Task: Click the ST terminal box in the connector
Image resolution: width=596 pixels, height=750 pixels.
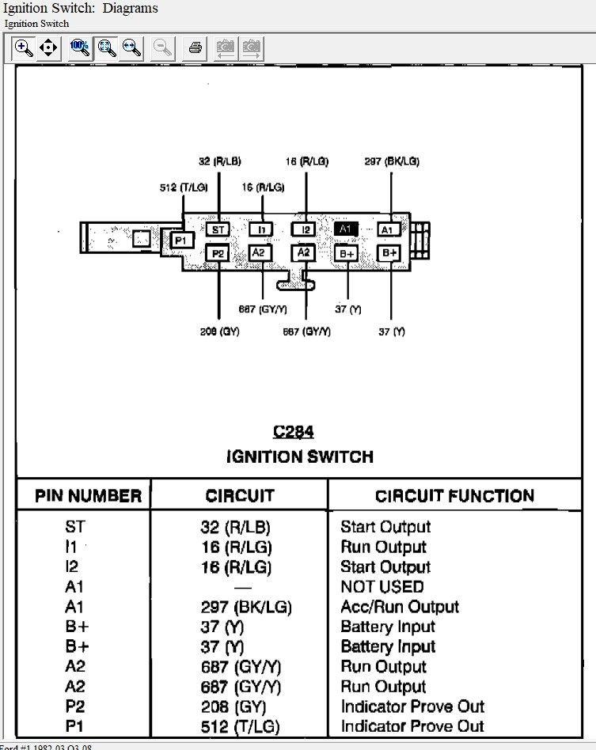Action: pyautogui.click(x=218, y=229)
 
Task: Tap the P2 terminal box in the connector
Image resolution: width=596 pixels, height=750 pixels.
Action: pyautogui.click(x=218, y=253)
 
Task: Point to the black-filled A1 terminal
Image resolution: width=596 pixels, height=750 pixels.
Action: pyautogui.click(x=346, y=229)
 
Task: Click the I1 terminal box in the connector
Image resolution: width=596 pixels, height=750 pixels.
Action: pyautogui.click(x=260, y=229)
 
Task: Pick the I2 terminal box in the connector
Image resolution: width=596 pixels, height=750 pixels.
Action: pyautogui.click(x=303, y=229)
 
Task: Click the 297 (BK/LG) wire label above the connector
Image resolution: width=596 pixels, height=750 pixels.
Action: pyautogui.click(x=392, y=161)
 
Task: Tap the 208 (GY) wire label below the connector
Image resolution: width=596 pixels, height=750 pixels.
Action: pyautogui.click(x=219, y=331)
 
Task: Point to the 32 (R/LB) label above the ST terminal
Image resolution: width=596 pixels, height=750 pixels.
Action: pyautogui.click(x=219, y=161)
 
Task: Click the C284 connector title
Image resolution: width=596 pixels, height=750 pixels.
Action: pyautogui.click(x=294, y=432)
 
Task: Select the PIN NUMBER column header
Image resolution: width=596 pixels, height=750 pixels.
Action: pyautogui.click(x=89, y=497)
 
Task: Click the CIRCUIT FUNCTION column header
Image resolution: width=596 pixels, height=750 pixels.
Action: pyautogui.click(x=454, y=497)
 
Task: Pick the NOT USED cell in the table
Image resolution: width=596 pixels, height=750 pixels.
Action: pyautogui.click(x=382, y=587)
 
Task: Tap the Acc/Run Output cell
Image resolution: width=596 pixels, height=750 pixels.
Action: pyautogui.click(x=399, y=607)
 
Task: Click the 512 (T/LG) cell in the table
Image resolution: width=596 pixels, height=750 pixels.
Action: pyautogui.click(x=240, y=726)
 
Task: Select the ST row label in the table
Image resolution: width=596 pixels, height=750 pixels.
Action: pyautogui.click(x=76, y=527)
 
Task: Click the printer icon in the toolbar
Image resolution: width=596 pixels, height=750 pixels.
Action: pyautogui.click(x=195, y=48)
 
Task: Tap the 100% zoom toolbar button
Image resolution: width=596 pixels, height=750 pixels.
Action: pyautogui.click(x=79, y=48)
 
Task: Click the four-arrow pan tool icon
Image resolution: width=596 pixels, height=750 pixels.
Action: pyautogui.click(x=48, y=48)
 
